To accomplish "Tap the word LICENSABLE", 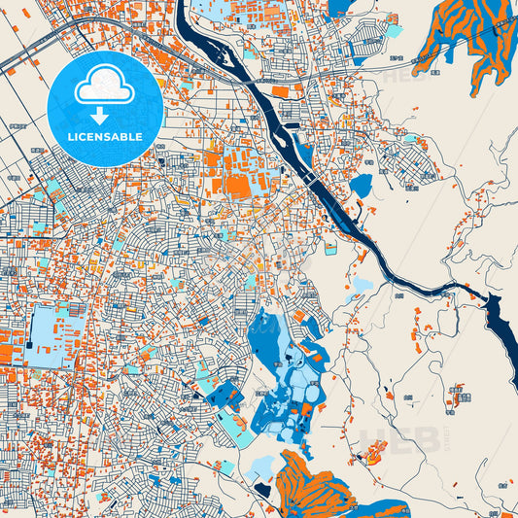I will (104, 136).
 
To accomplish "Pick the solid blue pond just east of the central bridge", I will (361, 185).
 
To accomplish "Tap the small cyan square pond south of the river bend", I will (331, 249).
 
